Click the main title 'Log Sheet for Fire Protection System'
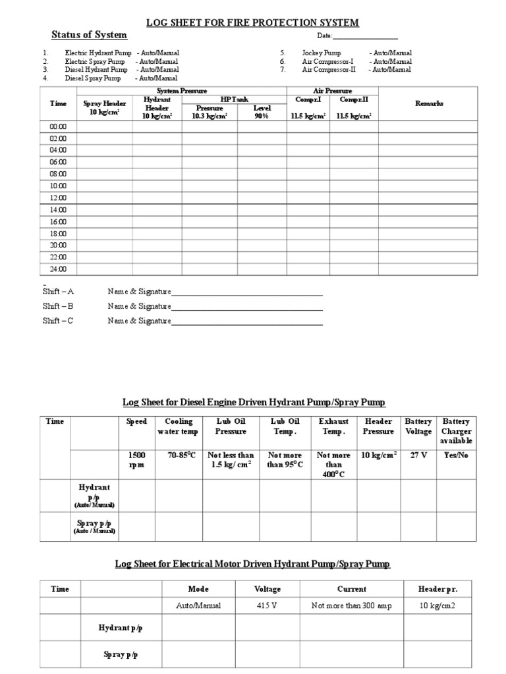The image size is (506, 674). coord(252,22)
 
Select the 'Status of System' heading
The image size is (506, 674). coord(89,35)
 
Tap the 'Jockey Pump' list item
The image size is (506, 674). coord(321,53)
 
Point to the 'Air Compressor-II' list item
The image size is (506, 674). coord(329,69)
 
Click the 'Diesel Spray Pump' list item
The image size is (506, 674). coord(93,78)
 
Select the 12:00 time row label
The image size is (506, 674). coord(58,197)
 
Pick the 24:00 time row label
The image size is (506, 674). coord(58,269)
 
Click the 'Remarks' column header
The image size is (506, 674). coord(429,103)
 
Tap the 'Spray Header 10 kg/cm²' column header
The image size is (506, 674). coord(104,107)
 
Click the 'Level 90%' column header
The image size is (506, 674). coord(262,111)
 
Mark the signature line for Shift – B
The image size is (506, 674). coord(247,307)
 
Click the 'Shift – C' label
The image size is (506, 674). coord(58,321)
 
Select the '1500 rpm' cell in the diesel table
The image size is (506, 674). coord(136,459)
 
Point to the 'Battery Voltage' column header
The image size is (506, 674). coord(418,426)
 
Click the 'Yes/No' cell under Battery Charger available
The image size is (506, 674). coord(456,455)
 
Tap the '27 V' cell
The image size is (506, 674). coord(418,455)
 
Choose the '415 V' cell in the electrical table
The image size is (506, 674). coord(267,606)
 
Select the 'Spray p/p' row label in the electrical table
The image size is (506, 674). coord(121,654)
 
